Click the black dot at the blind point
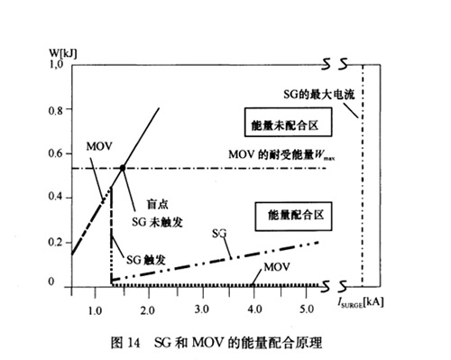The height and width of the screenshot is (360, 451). coord(122,168)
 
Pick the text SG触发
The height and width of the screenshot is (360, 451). coord(144,259)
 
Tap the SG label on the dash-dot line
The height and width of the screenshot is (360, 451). coord(218,233)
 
